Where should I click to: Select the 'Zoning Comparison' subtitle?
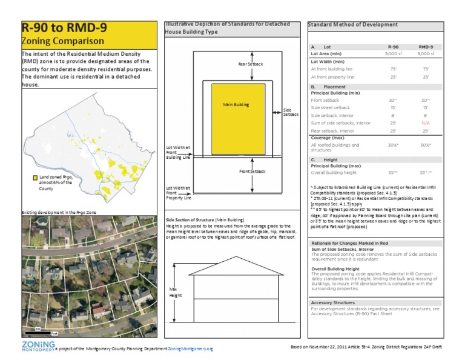(62, 41)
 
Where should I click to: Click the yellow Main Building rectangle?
(237, 118)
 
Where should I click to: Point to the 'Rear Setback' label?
(250, 64)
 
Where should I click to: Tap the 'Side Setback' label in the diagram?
(291, 113)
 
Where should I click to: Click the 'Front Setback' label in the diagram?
(252, 172)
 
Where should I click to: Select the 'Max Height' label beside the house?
(175, 293)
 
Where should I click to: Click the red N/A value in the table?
(426, 122)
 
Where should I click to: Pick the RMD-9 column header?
(426, 47)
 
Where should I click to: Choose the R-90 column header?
(392, 47)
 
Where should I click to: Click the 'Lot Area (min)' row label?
(331, 53)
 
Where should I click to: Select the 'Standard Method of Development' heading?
(353, 25)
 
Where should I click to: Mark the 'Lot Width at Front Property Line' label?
(179, 193)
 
